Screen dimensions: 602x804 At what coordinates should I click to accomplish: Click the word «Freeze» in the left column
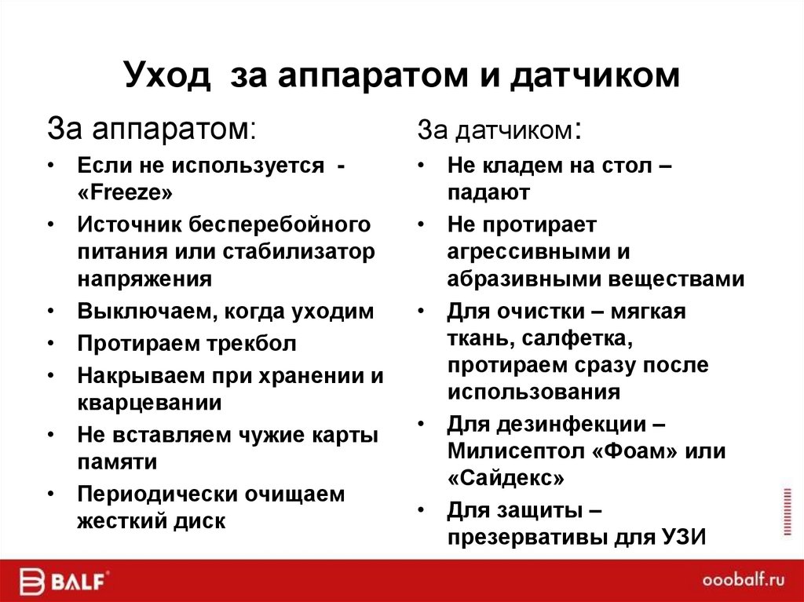pos(123,193)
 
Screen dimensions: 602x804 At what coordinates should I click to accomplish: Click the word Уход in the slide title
pos(167,76)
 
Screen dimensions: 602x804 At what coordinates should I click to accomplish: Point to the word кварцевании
pos(149,402)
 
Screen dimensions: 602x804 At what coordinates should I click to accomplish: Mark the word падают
pos(488,192)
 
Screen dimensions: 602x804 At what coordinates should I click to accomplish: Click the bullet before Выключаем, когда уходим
pos(51,312)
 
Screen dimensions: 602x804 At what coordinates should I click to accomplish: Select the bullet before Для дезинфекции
pos(422,425)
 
